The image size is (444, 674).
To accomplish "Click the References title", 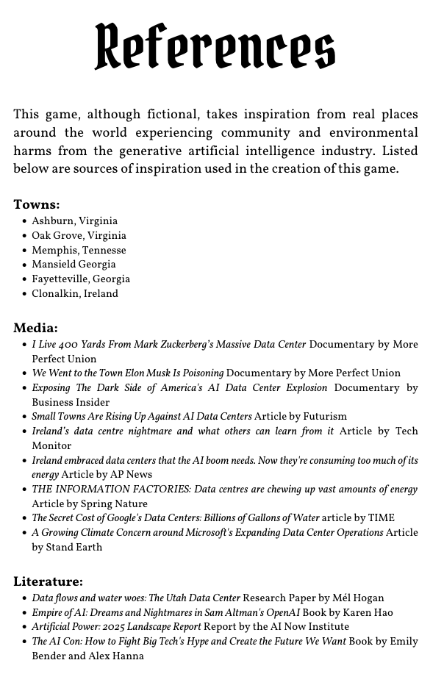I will tap(215, 46).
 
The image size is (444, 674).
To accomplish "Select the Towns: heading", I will tap(37, 204).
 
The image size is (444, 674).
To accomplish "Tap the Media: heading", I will tap(35, 328).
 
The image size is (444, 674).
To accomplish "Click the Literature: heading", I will tap(48, 581).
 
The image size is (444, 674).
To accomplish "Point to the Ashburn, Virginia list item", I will tap(74, 221).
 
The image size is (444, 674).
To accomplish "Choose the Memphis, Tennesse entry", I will tap(79, 250).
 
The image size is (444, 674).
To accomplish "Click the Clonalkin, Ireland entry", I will tap(74, 293).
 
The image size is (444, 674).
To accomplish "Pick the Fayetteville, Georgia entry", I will tap(81, 279).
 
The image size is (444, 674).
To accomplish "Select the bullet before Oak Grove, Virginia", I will tap(24, 236).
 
